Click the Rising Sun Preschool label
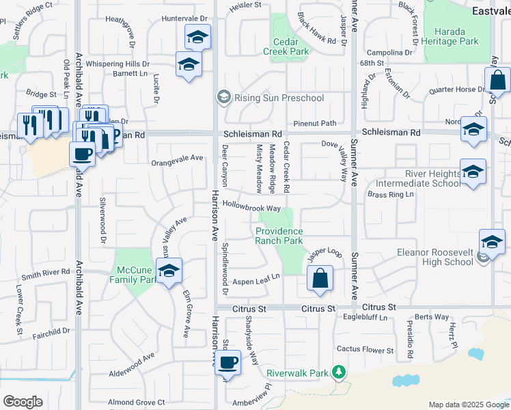click(279, 98)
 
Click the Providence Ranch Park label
click(279, 236)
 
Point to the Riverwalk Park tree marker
click(338, 371)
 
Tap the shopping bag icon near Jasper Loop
click(319, 279)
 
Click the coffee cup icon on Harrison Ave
click(229, 362)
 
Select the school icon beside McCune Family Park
click(169, 271)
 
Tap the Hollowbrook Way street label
click(251, 207)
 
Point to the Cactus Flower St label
click(365, 349)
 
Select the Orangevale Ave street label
click(177, 158)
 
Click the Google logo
click(23, 402)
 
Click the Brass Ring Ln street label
click(391, 195)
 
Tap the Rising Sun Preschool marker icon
click(223, 98)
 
